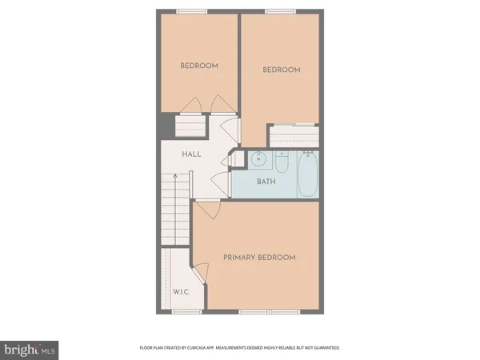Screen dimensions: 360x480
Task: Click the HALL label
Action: pyautogui.click(x=191, y=154)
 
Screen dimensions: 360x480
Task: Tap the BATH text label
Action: pyautogui.click(x=266, y=182)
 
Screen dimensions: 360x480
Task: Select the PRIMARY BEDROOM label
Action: pyautogui.click(x=259, y=257)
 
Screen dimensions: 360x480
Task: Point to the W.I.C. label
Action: pyautogui.click(x=180, y=292)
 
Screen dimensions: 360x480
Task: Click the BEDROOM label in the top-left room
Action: pyautogui.click(x=198, y=66)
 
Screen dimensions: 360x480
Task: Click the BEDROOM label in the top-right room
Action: pyautogui.click(x=282, y=70)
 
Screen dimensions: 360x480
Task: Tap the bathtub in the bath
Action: pyautogui.click(x=308, y=175)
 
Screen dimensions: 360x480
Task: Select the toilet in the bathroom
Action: pyautogui.click(x=282, y=162)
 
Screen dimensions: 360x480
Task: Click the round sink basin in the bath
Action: pyautogui.click(x=258, y=159)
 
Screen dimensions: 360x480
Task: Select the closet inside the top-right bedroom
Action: pyautogui.click(x=293, y=137)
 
